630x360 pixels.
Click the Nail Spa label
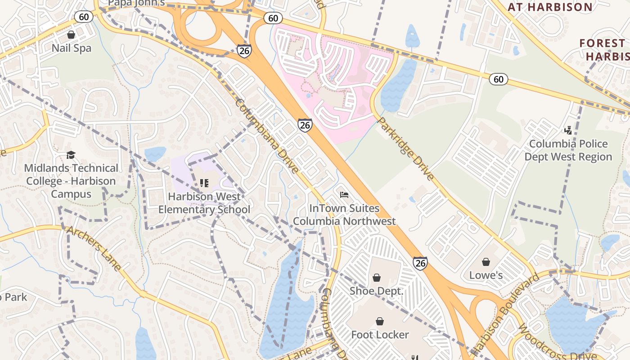pos(71,48)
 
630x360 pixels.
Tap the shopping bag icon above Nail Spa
pos(71,35)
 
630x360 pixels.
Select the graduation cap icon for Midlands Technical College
pos(71,155)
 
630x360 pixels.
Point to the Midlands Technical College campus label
pos(71,181)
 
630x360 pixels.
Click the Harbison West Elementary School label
pos(204,203)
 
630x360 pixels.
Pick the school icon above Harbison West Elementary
pos(204,183)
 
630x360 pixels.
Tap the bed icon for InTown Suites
pos(344,195)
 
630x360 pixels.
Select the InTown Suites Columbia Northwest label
pos(344,215)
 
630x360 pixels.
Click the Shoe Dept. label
pos(377,291)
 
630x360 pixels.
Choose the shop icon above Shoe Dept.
pos(377,278)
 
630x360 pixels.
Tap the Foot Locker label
pos(380,334)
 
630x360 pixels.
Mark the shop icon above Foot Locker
pos(380,321)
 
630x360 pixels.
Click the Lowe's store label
pos(486,275)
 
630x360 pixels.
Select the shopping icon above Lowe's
pos(486,262)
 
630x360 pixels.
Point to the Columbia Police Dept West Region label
pos(568,150)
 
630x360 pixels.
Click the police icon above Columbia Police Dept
pos(568,130)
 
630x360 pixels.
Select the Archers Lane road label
pos(94,248)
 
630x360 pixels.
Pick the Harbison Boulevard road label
pos(506,315)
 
